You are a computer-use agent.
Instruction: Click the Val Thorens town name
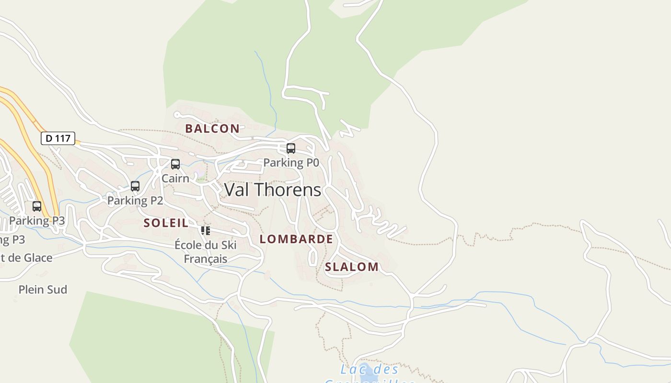273,190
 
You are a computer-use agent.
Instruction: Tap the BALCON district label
212,128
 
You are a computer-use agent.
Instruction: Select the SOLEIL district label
166,223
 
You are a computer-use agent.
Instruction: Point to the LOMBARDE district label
296,239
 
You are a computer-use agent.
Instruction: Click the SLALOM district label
352,267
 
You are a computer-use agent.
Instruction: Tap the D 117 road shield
58,138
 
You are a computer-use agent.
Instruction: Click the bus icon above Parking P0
291,148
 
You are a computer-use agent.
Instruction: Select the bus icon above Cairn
175,164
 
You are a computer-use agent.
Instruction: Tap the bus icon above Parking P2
135,186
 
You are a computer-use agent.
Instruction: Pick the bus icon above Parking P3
37,206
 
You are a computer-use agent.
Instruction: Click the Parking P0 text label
291,163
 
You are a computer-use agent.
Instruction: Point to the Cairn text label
175,178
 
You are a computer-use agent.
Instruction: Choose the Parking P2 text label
135,200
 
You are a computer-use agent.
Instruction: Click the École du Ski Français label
206,252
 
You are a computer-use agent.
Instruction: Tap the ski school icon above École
206,231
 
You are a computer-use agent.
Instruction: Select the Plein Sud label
43,289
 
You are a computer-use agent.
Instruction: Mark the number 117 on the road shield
63,138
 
